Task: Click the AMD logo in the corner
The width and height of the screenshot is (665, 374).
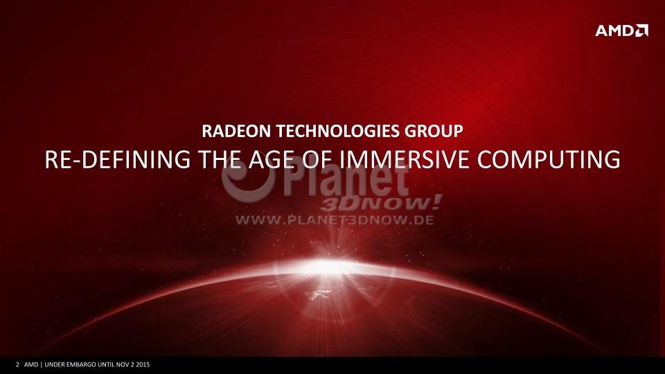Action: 622,30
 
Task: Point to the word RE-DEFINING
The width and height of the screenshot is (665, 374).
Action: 118,159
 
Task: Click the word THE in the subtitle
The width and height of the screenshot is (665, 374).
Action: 220,159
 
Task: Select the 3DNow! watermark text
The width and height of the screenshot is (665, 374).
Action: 381,203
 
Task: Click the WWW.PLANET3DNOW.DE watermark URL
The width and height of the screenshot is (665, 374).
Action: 335,220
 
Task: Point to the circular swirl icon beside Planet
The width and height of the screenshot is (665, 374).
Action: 248,180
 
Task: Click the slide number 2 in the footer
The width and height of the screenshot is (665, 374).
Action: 17,365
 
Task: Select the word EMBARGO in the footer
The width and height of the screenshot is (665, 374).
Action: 82,365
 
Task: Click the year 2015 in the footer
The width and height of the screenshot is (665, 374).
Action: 143,365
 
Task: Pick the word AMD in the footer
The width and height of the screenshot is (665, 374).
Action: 31,365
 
